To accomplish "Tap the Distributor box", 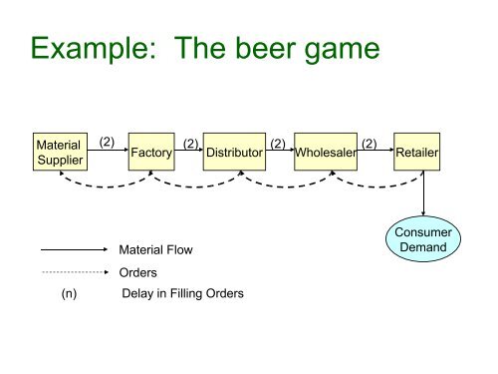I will pos(234,152).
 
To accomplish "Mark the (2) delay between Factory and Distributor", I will pos(190,144).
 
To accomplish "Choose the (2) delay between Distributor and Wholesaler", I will pos(279,144).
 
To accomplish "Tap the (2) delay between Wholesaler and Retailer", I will pos(370,144).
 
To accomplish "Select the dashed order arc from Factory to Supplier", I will pos(105,187).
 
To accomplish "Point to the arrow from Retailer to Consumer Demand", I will pos(425,191).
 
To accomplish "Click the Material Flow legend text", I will pos(154,250).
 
